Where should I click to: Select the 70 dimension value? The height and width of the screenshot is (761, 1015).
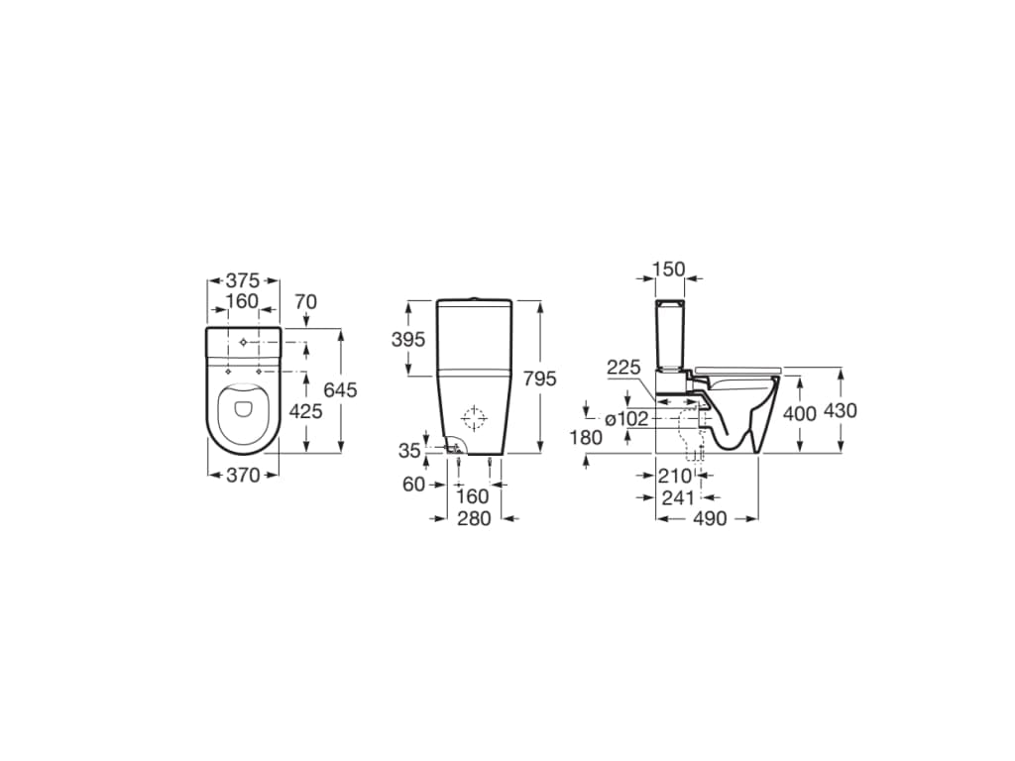pyautogui.click(x=305, y=300)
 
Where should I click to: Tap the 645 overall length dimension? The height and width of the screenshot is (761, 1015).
pyautogui.click(x=340, y=389)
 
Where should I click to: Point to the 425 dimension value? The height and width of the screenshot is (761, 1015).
pyautogui.click(x=304, y=410)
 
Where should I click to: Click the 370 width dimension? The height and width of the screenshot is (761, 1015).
pyautogui.click(x=243, y=476)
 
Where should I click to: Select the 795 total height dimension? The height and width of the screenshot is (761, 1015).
pyautogui.click(x=540, y=378)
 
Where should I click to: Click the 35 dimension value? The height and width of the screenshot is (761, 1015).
pyautogui.click(x=409, y=451)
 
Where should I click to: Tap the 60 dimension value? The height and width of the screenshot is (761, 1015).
pyautogui.click(x=413, y=484)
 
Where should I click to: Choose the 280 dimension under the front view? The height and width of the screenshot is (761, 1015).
pyautogui.click(x=475, y=518)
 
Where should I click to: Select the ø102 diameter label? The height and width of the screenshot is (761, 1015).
pyautogui.click(x=625, y=419)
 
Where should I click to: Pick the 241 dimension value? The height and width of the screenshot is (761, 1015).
pyautogui.click(x=678, y=497)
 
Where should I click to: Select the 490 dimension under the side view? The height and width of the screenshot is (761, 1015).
pyautogui.click(x=710, y=518)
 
